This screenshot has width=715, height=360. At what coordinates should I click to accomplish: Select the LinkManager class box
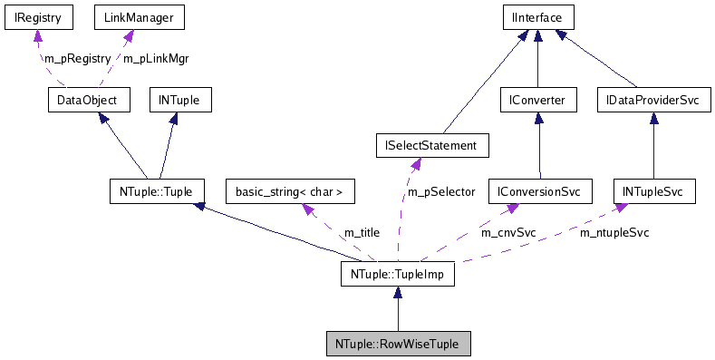[x=127, y=17]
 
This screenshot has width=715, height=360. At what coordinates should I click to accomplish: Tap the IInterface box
[x=538, y=17]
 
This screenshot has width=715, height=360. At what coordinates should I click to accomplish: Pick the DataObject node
[x=89, y=99]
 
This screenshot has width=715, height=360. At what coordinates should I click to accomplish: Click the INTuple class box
[x=180, y=99]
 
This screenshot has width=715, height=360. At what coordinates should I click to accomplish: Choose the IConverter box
[x=538, y=99]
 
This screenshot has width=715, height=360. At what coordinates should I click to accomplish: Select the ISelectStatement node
[x=432, y=145]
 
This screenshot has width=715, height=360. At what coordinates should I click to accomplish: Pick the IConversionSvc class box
[x=540, y=191]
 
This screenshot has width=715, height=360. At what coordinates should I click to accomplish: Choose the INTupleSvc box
[x=653, y=191]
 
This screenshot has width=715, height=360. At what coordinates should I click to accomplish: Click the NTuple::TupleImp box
[x=397, y=273]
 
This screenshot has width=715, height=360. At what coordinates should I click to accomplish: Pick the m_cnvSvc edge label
[x=508, y=232]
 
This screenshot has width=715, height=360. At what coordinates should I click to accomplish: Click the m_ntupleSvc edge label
[x=614, y=232]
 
